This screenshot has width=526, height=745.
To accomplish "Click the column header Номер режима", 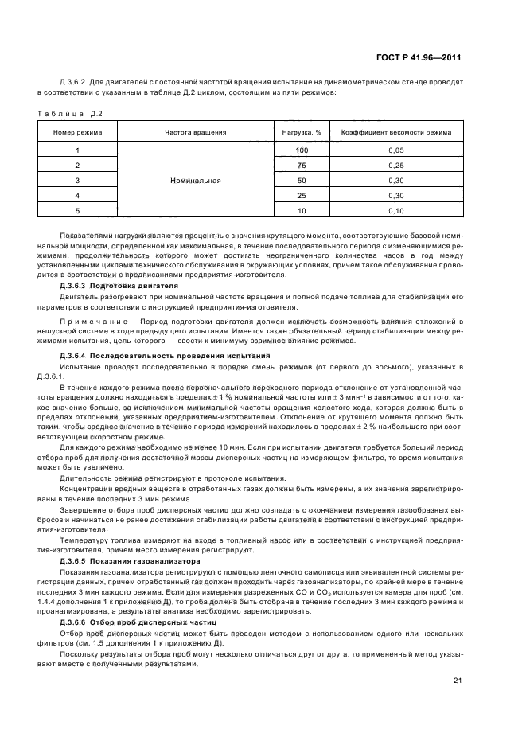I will pos(77,131).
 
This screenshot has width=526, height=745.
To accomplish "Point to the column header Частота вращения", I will pos(195,131).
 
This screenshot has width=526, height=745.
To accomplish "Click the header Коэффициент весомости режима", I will pos(396,131).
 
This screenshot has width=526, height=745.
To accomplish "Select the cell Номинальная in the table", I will pos(195,181).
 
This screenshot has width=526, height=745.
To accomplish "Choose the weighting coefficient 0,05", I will pos(396,150).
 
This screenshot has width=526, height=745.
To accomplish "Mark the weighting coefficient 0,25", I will pos(396,166).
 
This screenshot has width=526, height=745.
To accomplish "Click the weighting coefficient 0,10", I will pos(396,211).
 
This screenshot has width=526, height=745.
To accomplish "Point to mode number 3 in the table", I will pos(77,181).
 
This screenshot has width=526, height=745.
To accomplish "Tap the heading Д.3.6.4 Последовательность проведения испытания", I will pos(165,354).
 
